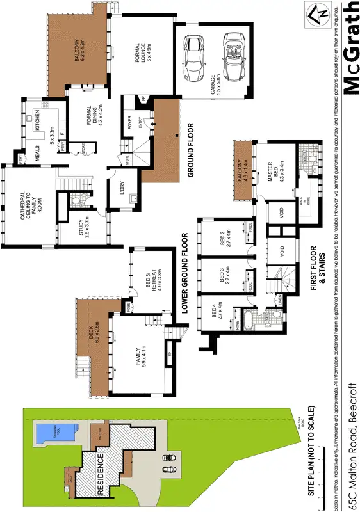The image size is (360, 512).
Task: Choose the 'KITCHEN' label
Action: click(x=38, y=120)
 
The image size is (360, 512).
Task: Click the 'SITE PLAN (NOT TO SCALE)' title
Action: click(x=312, y=451)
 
